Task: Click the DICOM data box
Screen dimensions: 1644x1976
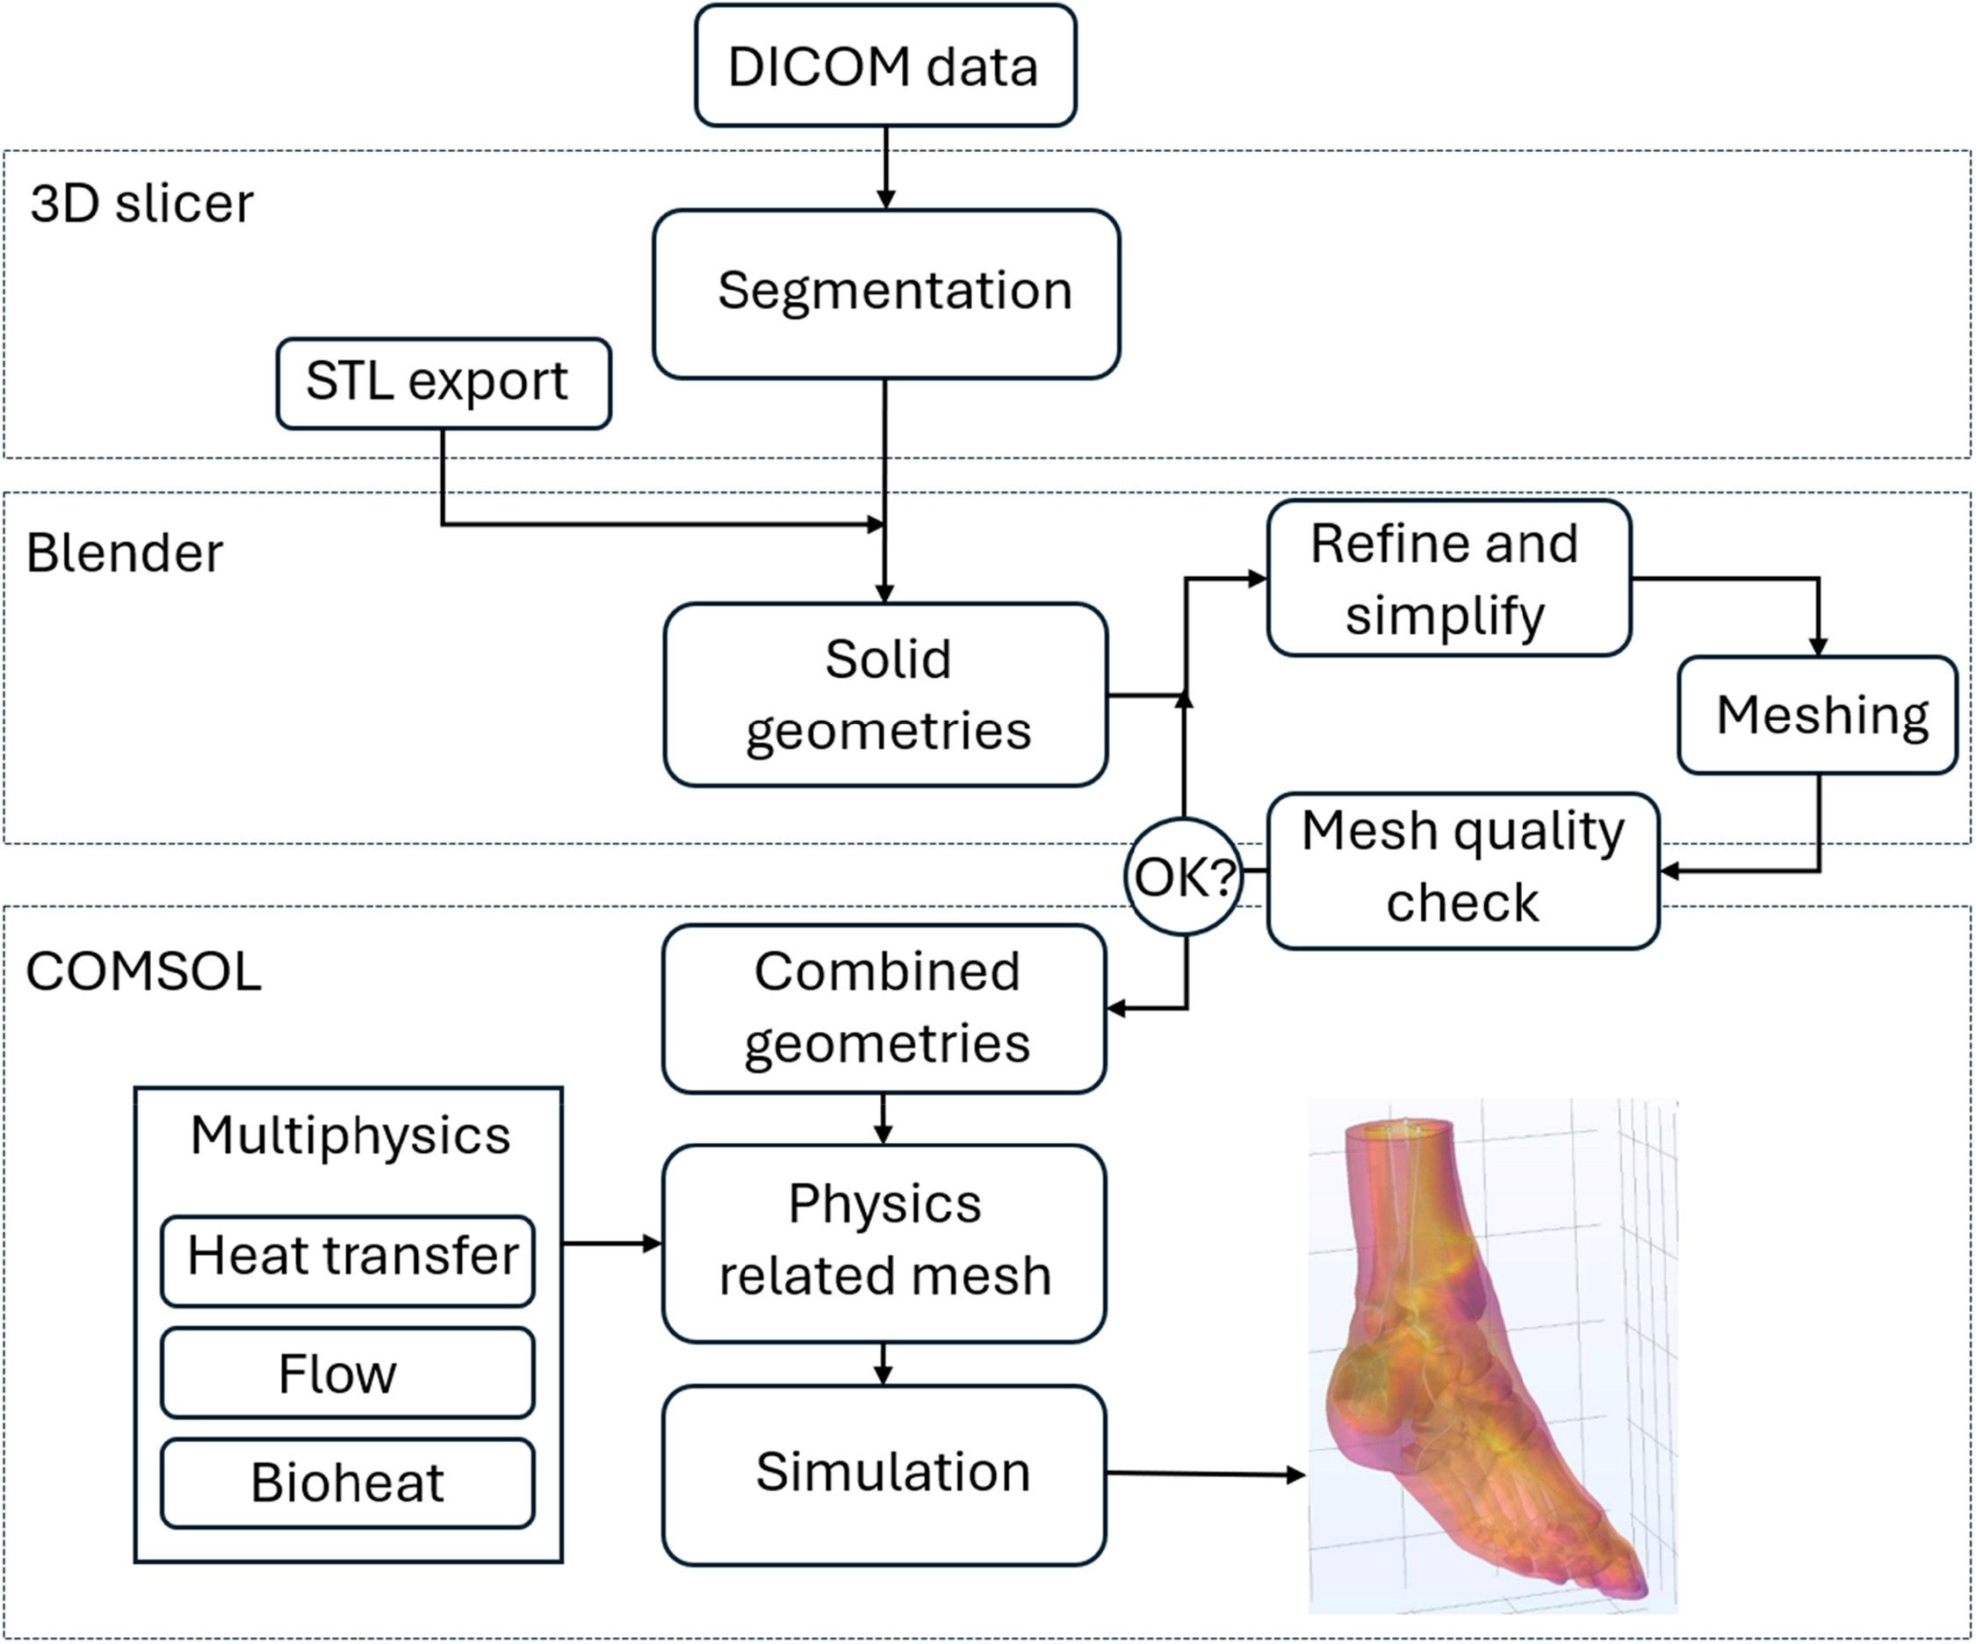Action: coord(884,66)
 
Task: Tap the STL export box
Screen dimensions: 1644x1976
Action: coord(444,383)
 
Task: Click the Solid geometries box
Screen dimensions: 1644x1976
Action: coord(885,695)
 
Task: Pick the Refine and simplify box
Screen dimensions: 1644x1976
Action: coord(1448,578)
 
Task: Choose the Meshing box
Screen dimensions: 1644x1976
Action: coord(1817,715)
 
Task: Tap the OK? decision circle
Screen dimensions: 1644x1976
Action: coord(1184,876)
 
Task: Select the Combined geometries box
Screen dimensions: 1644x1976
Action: coord(884,1008)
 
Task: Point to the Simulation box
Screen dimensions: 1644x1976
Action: coord(884,1474)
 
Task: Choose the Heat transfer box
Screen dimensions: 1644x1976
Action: coord(348,1259)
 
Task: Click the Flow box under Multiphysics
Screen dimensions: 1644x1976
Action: coord(348,1372)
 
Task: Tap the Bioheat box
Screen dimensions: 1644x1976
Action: coord(348,1483)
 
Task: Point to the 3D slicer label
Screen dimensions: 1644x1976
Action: coord(142,203)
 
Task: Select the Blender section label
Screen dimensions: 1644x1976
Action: coord(124,552)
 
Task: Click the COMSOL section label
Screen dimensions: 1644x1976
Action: coord(143,971)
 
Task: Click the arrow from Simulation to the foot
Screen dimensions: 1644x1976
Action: coord(1204,1475)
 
